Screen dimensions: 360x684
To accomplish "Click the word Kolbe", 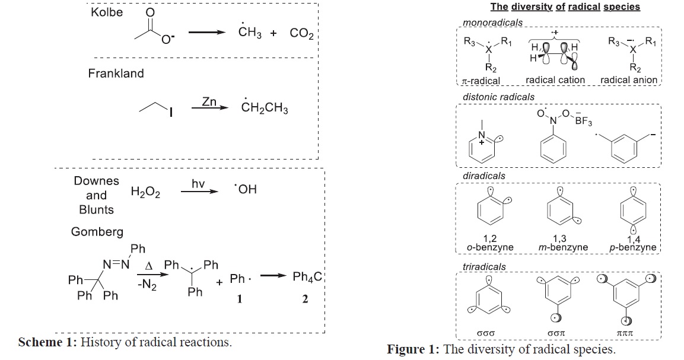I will coord(107,12).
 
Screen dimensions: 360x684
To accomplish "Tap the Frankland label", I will coord(116,74).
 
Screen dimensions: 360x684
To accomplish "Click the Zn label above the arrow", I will coord(209,101).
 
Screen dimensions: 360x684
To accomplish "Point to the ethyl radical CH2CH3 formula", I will coord(265,107).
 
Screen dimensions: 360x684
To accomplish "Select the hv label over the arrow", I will coord(198,184).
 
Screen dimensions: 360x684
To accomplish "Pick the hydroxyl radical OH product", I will coord(246,190).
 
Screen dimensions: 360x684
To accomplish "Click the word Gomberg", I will coord(97,232).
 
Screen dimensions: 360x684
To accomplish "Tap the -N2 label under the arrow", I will coord(147,285).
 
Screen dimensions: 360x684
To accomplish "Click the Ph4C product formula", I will coord(307,277).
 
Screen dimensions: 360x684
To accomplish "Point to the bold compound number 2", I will coord(305,299).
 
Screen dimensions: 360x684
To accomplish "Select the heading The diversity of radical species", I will coord(565,7).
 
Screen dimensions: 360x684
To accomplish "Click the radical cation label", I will coord(555,80).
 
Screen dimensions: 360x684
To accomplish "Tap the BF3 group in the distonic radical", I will coord(583,122).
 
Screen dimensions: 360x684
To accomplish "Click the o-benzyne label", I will coord(489,247).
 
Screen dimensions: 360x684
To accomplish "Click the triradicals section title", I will coord(484,266).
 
